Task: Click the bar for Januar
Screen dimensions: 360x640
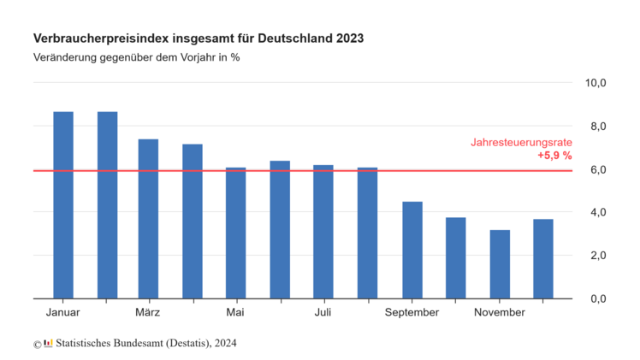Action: coord(63,205)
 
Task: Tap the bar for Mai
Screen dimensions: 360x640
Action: coord(235,233)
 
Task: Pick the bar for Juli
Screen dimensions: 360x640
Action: coord(323,232)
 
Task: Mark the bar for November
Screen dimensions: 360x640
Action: coord(500,264)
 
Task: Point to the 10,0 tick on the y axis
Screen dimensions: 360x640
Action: coord(596,83)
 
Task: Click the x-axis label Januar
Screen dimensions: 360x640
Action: coord(63,313)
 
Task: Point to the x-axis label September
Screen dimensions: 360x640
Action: coord(412,313)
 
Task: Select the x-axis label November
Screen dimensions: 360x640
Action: coord(499,313)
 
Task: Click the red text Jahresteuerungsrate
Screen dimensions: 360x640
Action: coord(521,143)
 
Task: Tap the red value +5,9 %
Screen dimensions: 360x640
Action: coord(554,156)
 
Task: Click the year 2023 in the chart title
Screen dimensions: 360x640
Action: coord(349,39)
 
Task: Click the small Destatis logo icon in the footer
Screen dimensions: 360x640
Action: coord(48,344)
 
